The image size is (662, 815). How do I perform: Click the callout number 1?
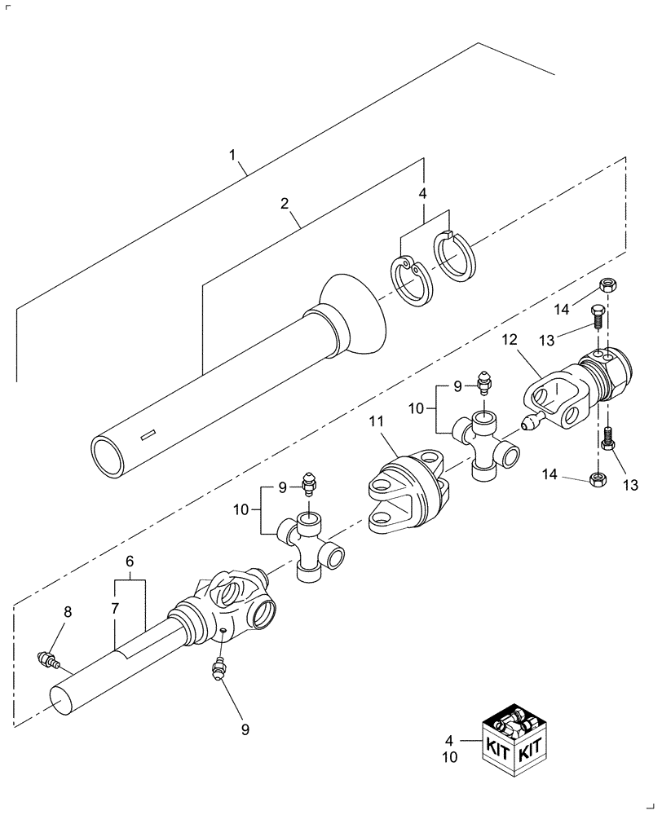point(232,155)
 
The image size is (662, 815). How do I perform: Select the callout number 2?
point(285,204)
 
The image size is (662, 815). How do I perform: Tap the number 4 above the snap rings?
point(423,195)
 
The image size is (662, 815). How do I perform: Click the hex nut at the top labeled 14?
point(607,285)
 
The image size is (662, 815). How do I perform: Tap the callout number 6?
point(129,563)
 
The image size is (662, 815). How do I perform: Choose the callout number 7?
point(115,609)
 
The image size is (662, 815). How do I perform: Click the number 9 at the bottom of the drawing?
point(245,729)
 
